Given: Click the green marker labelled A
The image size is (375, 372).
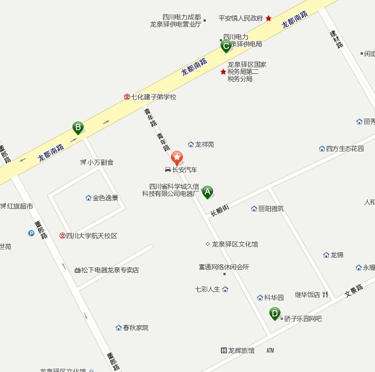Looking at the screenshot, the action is point(207,192).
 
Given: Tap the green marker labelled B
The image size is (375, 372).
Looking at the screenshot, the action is point(78,127).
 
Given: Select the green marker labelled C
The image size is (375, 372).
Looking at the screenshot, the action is point(226,46).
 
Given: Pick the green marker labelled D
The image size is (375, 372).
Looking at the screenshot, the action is point(274,313).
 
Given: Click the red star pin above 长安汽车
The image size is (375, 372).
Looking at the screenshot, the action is point(177,158).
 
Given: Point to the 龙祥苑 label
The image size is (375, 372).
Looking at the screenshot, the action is point(204,145).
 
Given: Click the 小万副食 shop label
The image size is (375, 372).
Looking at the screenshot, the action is point(101,162).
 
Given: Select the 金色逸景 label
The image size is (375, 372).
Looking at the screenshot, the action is point(105,198).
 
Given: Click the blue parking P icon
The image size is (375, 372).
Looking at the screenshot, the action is point(31,233).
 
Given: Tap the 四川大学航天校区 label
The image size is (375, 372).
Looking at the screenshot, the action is point(91,236).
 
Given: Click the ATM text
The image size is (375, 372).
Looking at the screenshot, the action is point(270,350).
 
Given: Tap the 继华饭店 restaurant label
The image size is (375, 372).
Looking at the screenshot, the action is point(308,294).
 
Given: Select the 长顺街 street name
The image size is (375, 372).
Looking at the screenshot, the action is point(219,209).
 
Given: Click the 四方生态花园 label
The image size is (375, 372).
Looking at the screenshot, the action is point(345,148).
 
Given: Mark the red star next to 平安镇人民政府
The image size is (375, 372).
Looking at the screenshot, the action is point(268,19).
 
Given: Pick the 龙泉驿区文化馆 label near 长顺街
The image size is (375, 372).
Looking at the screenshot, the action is point(235,244).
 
